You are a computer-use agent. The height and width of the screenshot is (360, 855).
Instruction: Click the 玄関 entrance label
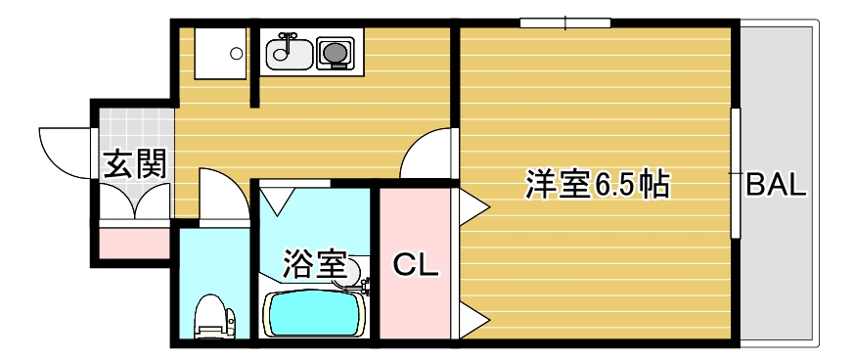click(x=135, y=163)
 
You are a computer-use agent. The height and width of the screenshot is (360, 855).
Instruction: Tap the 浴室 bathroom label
click(x=314, y=263)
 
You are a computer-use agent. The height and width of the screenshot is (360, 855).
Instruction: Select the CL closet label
click(x=414, y=264)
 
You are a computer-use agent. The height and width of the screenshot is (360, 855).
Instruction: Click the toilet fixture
click(x=214, y=317)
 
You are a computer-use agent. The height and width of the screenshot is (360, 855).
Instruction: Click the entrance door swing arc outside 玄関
click(x=65, y=152)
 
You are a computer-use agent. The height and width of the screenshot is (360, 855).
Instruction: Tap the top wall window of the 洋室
click(x=565, y=22)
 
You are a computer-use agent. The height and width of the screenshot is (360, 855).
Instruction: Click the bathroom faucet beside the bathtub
click(x=364, y=287)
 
